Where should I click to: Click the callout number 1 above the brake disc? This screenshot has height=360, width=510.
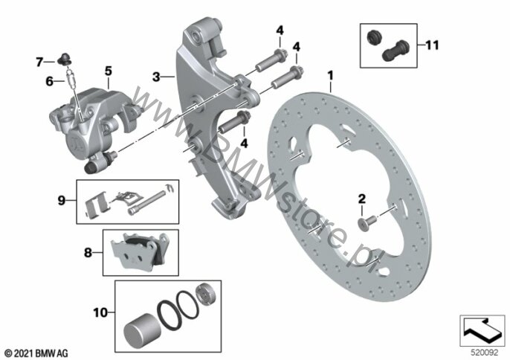click(x=330, y=76)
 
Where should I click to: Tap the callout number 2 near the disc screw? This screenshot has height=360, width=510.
click(x=362, y=199)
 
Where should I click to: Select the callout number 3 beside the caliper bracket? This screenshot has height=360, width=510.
click(x=156, y=77)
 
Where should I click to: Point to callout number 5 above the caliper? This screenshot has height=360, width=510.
click(x=109, y=71)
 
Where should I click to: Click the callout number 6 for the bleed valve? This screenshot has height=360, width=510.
click(x=49, y=81)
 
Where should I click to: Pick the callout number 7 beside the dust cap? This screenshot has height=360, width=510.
click(x=39, y=62)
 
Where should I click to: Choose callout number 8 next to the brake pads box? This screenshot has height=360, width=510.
click(x=88, y=253)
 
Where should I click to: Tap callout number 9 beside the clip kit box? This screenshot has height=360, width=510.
click(x=62, y=201)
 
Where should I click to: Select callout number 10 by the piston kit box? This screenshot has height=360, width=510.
click(x=100, y=313)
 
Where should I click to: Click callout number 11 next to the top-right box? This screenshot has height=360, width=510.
click(x=432, y=45)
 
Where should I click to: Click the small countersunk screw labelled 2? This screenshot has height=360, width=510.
click(x=367, y=222)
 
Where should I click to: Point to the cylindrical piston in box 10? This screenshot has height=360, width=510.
click(x=140, y=330)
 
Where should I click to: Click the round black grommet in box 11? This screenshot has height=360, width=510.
click(x=374, y=37)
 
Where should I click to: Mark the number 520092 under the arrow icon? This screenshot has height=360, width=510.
click(x=485, y=353)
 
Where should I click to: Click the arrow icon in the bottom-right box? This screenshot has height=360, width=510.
click(x=482, y=330)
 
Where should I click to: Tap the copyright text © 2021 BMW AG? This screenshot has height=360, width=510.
click(x=36, y=353)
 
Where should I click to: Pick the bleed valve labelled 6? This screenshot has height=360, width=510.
click(x=71, y=78)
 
